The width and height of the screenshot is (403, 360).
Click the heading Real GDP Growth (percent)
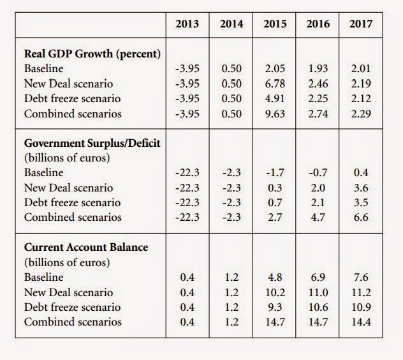click(x=92, y=54)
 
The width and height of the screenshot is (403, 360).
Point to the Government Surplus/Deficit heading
click(x=92, y=143)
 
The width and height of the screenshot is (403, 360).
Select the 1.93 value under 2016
click(x=318, y=68)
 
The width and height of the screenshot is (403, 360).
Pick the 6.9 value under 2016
click(x=318, y=278)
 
